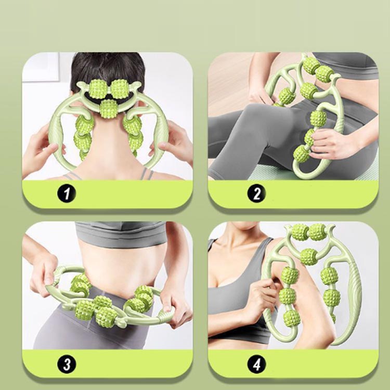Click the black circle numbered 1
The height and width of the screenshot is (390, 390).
coord(67,193)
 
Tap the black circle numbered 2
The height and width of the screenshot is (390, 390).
coord(256,193)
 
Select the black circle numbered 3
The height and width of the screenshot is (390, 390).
coord(67,365)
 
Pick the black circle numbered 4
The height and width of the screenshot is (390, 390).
coord(256,365)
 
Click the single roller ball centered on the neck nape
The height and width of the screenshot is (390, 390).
coord(109,109)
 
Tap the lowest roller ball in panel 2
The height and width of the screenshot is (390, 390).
coord(302,154)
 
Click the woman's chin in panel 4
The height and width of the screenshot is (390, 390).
coord(242,228)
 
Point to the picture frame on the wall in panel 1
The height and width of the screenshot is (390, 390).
coord(41,67)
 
